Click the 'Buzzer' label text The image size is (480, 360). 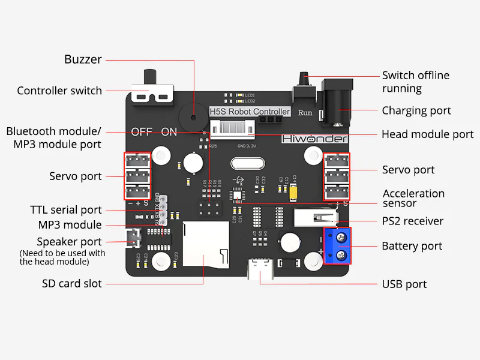click(83, 60)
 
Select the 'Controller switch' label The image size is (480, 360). click(59, 91)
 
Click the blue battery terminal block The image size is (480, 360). click(337, 245)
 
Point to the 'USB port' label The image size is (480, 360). click(404, 284)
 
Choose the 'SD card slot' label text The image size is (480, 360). click(72, 284)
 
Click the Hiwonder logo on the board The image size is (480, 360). click(315, 139)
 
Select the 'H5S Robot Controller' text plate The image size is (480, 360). click(249, 112)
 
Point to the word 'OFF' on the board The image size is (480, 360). click(142, 132)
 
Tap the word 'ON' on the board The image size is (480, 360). click(169, 132)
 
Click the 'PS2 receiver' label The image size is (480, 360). click(413, 221)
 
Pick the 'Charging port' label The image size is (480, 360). click(416, 111)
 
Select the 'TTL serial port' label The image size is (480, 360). click(66, 210)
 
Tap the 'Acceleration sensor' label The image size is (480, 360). click(413, 198)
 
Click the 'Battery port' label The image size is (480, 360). click(412, 246)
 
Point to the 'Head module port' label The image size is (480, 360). click(427, 134)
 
